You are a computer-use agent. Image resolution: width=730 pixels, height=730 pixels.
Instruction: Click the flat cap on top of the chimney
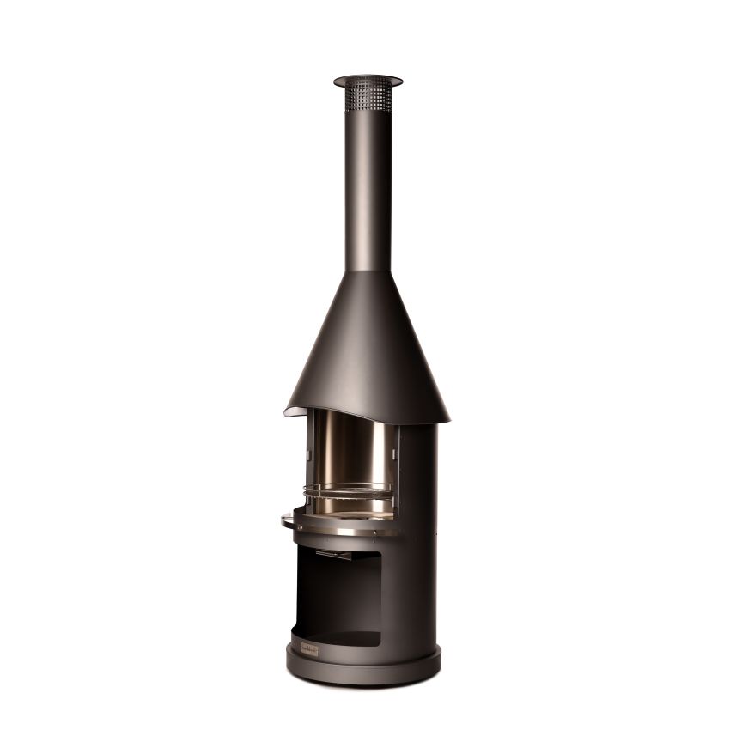pyautogui.click(x=368, y=80)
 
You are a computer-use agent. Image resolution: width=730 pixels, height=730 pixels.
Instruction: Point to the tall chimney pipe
pyautogui.click(x=368, y=189)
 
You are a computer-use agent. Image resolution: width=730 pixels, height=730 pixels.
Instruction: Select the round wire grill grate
pyautogui.click(x=349, y=492)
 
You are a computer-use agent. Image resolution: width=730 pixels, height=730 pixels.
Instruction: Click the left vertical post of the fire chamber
pyautogui.click(x=308, y=455)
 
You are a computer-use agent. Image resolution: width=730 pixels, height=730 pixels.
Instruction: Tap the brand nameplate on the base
pyautogui.click(x=308, y=650)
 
